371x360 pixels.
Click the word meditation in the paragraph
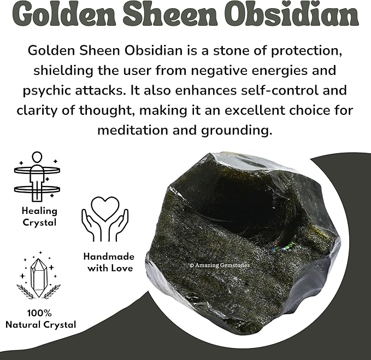(140, 130)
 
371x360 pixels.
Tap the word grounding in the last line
(237, 130)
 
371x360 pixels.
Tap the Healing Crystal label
(39, 217)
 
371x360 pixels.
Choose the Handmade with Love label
(108, 262)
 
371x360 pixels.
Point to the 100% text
(40, 314)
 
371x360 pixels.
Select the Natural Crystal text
(40, 325)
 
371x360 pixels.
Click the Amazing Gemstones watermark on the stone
(219, 265)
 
